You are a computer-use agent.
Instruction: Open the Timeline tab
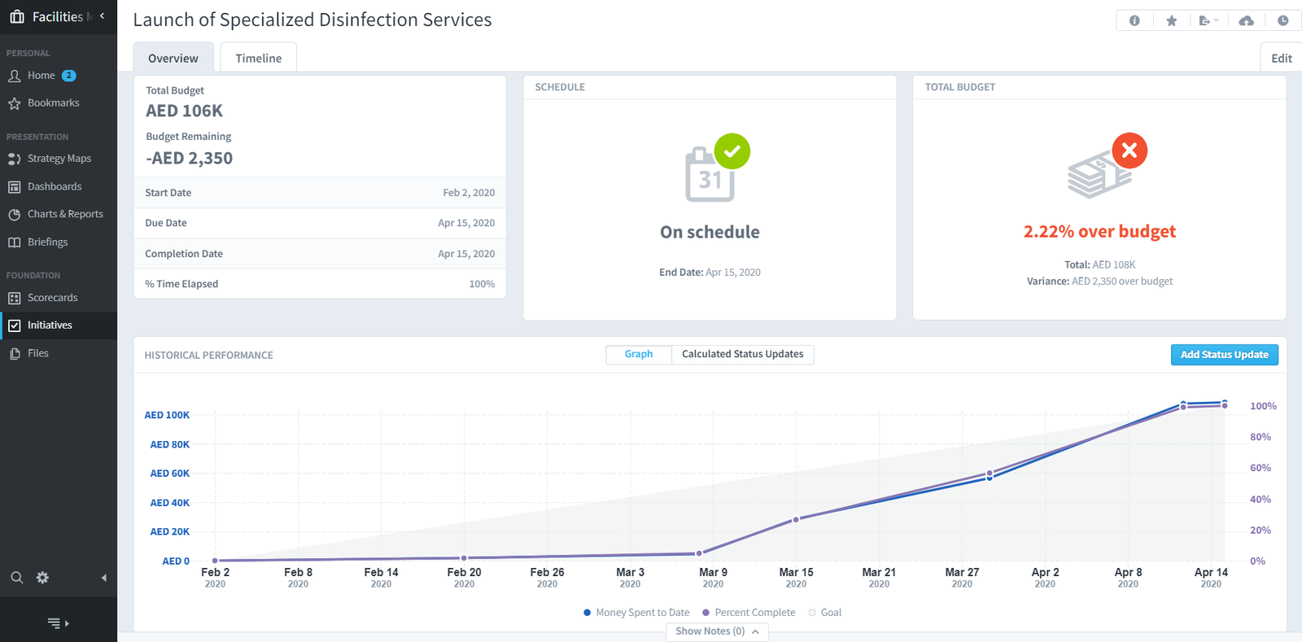pos(258,58)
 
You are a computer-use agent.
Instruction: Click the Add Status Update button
pos(1224,355)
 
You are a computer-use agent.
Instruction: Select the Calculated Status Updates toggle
pos(742,354)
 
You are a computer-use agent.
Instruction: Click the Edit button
pos(1281,58)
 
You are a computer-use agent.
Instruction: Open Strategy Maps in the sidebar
pos(59,158)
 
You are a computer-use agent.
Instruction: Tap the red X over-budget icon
pos(1129,151)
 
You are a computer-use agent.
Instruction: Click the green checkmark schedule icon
pos(732,151)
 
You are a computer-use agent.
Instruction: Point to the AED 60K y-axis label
pos(170,473)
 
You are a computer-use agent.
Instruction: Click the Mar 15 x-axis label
pos(796,577)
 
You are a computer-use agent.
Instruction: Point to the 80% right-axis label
pos(1260,436)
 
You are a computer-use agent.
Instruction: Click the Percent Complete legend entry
pos(749,612)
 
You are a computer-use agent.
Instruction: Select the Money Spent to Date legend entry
pos(636,612)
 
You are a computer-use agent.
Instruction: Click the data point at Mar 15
pos(796,519)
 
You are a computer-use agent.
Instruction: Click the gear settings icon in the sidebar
pos(42,577)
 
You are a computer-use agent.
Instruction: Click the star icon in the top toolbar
pos(1171,21)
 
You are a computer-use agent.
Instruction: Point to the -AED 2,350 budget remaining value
pos(189,158)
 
